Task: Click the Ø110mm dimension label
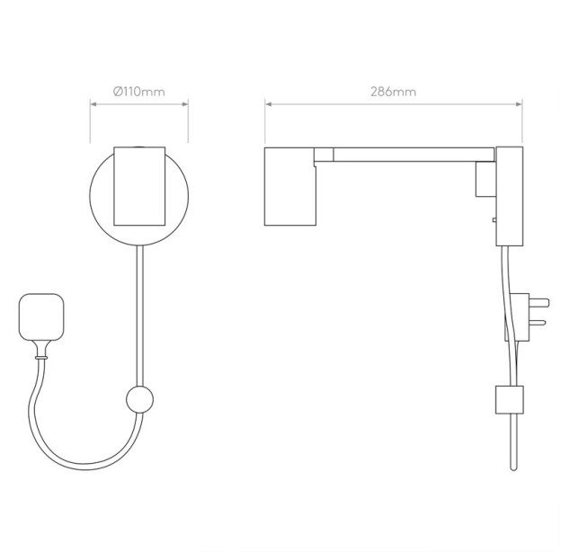[x=139, y=92]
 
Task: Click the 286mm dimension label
[x=394, y=92]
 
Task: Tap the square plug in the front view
[x=41, y=317]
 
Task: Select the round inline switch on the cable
[x=139, y=399]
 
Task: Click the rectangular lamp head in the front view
[x=139, y=186]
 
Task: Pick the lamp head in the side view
[x=290, y=186]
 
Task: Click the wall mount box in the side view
[x=510, y=196]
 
